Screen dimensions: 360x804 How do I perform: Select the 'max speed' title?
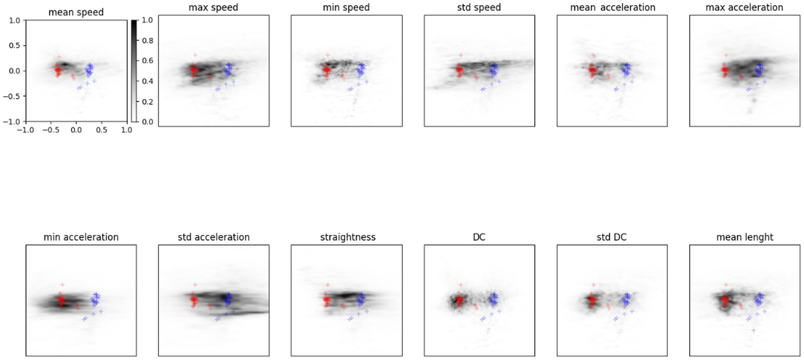tap(213, 7)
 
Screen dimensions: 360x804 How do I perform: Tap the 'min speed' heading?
tap(346, 7)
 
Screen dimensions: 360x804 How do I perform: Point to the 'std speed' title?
tap(479, 7)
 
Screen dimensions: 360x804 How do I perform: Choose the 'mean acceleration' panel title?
tap(612, 7)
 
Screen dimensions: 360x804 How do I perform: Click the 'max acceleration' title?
tap(744, 7)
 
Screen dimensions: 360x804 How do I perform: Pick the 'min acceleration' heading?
tap(81, 237)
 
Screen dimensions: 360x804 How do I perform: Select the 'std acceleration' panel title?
tap(213, 237)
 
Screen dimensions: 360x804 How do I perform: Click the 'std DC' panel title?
tap(612, 237)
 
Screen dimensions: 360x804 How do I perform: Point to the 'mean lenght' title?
tap(744, 237)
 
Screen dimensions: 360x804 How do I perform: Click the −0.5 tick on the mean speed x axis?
tap(50, 130)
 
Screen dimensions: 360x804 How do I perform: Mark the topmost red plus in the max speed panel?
tap(195, 55)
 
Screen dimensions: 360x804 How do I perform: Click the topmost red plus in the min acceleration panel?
tap(62, 285)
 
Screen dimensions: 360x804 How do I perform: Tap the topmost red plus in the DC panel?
tap(460, 285)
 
